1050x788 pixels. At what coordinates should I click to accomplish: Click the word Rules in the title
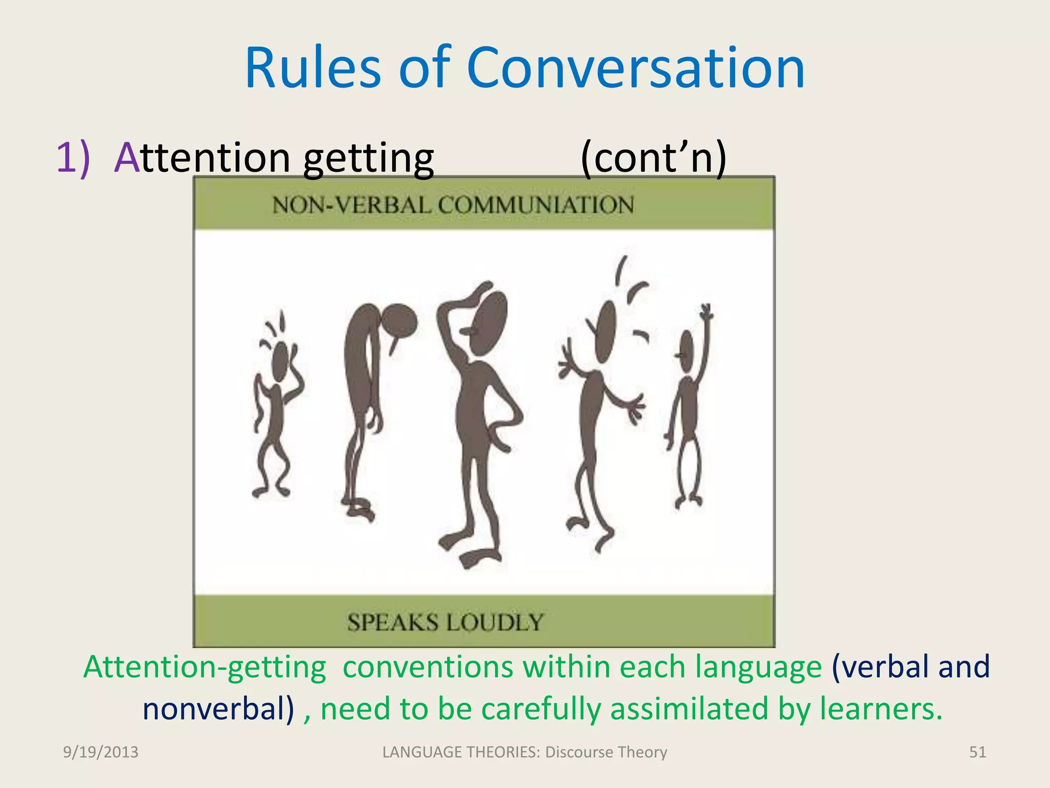(313, 68)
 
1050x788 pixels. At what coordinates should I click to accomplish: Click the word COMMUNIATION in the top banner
(536, 205)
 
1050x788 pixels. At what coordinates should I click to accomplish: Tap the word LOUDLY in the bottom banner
(494, 622)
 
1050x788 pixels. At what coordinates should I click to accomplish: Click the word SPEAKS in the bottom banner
(393, 622)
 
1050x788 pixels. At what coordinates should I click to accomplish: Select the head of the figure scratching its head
(488, 323)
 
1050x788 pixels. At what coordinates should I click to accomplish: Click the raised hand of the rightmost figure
(707, 311)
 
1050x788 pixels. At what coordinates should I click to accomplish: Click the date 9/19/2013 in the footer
(100, 752)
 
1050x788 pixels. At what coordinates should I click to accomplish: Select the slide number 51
(977, 752)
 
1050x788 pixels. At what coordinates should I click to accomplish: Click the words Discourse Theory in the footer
(606, 752)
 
